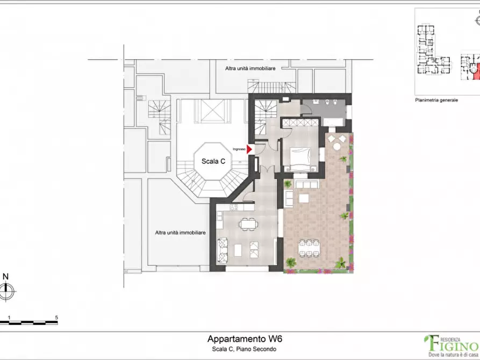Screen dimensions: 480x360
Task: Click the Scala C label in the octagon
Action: pyautogui.click(x=213, y=161)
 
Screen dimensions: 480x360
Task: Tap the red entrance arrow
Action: pyautogui.click(x=249, y=149)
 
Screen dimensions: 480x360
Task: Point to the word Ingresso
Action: pyautogui.click(x=239, y=149)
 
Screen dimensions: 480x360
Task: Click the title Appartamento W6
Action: pyautogui.click(x=245, y=339)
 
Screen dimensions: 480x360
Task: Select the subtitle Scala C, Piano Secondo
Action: pyautogui.click(x=244, y=349)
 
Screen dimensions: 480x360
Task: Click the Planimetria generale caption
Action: pyautogui.click(x=436, y=100)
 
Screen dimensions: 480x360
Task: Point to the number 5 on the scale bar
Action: pyautogui.click(x=56, y=318)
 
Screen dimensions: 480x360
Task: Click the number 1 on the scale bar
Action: pyautogui.click(x=9, y=318)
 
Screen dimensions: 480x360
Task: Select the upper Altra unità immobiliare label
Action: pyautogui.click(x=250, y=69)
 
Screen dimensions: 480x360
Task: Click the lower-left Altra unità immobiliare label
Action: pyautogui.click(x=180, y=233)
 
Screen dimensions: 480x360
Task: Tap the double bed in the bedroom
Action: pyautogui.click(x=300, y=159)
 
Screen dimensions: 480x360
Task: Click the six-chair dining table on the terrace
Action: pyautogui.click(x=309, y=248)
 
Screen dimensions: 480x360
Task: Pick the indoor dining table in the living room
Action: pyautogui.click(x=248, y=224)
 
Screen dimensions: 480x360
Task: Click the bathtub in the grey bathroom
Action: pyautogui.click(x=334, y=122)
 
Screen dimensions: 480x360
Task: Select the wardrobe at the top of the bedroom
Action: pyautogui.click(x=300, y=123)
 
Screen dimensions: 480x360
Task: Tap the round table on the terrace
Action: pyautogui.click(x=336, y=147)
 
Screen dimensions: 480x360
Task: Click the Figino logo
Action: pyautogui.click(x=451, y=346)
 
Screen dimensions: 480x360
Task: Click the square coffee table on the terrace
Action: pyautogui.click(x=304, y=199)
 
